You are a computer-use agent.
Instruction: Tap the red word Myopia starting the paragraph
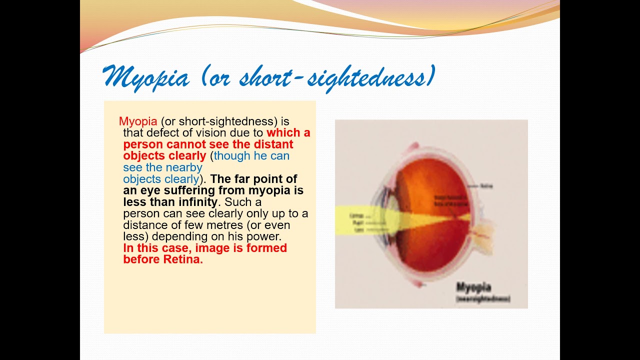coord(138,121)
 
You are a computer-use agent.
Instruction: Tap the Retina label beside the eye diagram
coord(486,186)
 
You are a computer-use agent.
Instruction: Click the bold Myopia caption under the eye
coord(473,287)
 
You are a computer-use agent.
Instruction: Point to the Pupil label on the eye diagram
coord(356,222)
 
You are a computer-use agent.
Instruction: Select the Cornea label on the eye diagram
coord(356,215)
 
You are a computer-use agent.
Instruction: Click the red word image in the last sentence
coord(212,248)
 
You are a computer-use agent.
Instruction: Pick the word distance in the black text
coord(144,225)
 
